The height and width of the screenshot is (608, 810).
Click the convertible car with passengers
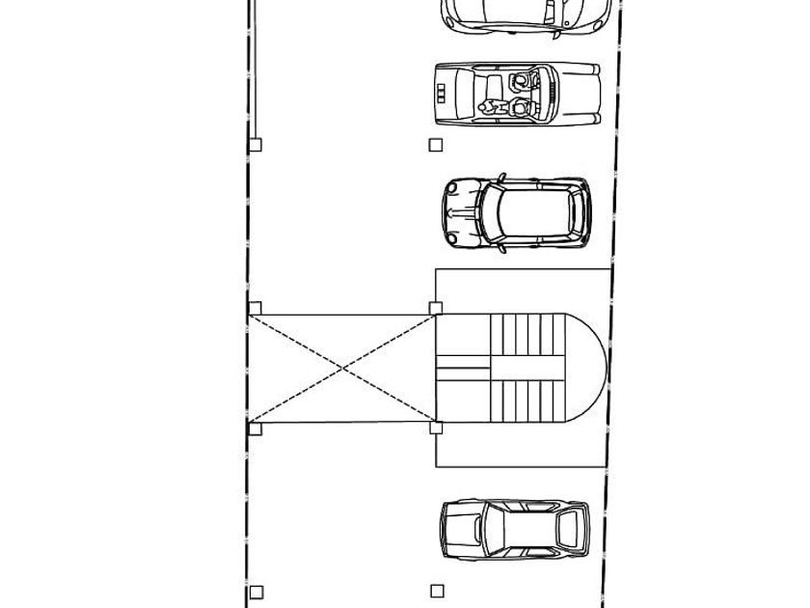pyautogui.click(x=517, y=95)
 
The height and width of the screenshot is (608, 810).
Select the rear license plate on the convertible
pyautogui.click(x=441, y=94)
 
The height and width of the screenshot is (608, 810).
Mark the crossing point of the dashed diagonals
pyautogui.click(x=343, y=368)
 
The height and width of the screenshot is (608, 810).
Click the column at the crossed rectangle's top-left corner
pyautogui.click(x=256, y=309)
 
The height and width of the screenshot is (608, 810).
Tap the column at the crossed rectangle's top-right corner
pyautogui.click(x=436, y=309)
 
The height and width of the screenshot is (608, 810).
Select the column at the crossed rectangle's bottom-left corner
pyautogui.click(x=256, y=429)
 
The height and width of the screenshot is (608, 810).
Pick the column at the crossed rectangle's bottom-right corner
pyautogui.click(x=436, y=428)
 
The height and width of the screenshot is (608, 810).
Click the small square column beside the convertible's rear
pyautogui.click(x=436, y=145)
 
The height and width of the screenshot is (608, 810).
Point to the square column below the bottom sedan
pyautogui.click(x=437, y=591)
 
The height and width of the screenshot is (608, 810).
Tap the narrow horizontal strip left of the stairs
pyautogui.click(x=463, y=368)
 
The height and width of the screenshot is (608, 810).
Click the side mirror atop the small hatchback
pyautogui.click(x=501, y=177)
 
